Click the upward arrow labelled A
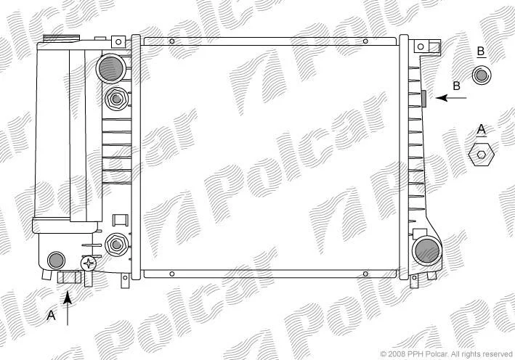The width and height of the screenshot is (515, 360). [68, 308]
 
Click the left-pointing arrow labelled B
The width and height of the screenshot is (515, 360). [451, 98]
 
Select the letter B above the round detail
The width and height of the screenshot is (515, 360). [481, 52]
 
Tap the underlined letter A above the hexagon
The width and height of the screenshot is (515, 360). [481, 129]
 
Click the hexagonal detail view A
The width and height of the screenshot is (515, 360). [481, 155]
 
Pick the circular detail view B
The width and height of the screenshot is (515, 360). [481, 75]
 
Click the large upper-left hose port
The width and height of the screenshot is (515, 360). [111, 68]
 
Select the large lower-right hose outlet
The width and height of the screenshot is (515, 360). [427, 251]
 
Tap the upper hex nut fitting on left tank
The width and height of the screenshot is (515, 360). [116, 99]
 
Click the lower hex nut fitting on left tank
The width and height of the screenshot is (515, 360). [117, 244]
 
